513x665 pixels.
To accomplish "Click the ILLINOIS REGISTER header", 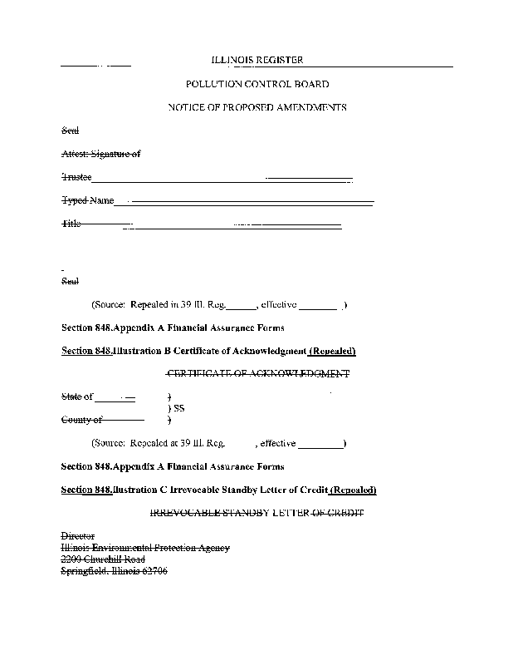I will (x=256, y=60).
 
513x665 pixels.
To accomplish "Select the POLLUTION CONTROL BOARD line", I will (x=256, y=84).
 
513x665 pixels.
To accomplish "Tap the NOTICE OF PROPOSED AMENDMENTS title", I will (x=256, y=107).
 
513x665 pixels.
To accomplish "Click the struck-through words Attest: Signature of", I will (x=101, y=154).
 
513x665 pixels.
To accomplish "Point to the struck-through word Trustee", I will (x=77, y=178).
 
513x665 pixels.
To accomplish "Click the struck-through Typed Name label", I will (x=88, y=201).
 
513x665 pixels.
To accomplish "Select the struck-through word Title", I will (x=71, y=224).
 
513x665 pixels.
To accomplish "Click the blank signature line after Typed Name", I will (x=252, y=202).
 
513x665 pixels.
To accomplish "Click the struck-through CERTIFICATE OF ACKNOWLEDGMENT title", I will (x=258, y=374).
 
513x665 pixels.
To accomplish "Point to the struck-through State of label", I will (x=77, y=397).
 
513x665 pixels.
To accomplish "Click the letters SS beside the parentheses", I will (x=178, y=409).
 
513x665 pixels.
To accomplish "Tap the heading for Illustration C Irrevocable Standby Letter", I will (x=219, y=490).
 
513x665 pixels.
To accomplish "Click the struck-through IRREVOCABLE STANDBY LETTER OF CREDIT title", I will (x=256, y=513).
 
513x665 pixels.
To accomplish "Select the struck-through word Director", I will (x=78, y=536).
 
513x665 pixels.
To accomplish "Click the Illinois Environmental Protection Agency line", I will (x=145, y=548).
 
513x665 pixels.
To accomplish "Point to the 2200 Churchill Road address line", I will (x=103, y=559).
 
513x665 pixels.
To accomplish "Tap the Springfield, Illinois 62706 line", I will (x=115, y=571).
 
